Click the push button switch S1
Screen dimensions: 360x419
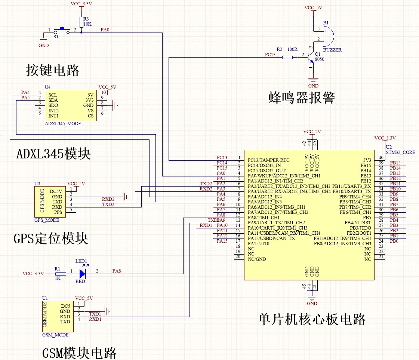click(62, 30)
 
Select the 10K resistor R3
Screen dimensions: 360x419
click(81, 21)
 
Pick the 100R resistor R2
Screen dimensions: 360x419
click(287, 57)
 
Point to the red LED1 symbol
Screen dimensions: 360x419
click(83, 274)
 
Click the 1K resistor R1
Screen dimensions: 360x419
click(61, 274)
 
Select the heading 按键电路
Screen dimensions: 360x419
click(53, 70)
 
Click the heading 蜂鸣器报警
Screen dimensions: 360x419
click(302, 98)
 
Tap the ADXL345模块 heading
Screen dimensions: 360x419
click(53, 153)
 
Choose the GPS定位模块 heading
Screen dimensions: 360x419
click(51, 238)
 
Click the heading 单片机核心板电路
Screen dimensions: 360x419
click(312, 319)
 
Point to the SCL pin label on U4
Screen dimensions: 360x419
click(53, 95)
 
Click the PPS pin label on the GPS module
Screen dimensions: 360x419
click(58, 212)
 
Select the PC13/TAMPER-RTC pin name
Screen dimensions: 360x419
click(268, 160)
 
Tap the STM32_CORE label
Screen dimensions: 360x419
click(400, 152)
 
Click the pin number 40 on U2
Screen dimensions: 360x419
click(381, 157)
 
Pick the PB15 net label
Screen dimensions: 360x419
click(395, 163)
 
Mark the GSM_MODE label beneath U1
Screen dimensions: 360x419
click(55, 335)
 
